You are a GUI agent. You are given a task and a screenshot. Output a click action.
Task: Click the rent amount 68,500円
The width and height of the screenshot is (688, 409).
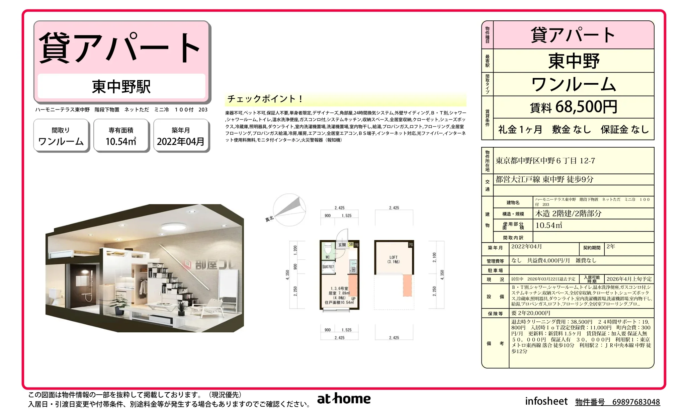(x=586, y=107)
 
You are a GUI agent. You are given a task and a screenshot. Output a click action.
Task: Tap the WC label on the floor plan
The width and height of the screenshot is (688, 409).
(x=328, y=257)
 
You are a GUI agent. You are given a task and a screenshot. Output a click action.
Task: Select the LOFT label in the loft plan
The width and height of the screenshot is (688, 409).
(x=394, y=257)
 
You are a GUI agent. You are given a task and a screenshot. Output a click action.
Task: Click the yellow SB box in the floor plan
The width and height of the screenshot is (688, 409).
(x=351, y=244)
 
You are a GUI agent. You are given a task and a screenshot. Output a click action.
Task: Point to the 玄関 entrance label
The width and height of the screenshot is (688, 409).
(x=342, y=245)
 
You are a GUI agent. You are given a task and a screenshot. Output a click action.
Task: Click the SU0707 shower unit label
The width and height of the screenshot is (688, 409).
(x=328, y=267)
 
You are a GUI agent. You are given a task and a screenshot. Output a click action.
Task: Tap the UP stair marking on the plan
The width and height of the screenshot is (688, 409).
(x=353, y=299)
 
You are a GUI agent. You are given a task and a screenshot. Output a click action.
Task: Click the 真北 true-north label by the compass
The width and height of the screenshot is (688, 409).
(x=269, y=219)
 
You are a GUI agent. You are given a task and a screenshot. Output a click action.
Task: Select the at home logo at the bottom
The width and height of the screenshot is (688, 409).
(x=344, y=399)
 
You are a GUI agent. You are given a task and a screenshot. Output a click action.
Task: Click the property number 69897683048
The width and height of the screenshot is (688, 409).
(x=636, y=402)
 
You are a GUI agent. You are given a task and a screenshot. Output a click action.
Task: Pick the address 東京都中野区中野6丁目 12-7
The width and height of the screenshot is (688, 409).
(x=545, y=161)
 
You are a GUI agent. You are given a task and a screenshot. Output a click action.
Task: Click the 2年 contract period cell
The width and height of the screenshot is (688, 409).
(x=611, y=247)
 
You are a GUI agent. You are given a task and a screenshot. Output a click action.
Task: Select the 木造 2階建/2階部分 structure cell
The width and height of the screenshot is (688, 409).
(x=568, y=214)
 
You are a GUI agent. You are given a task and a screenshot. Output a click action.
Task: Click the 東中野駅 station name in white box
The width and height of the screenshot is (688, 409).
(x=121, y=87)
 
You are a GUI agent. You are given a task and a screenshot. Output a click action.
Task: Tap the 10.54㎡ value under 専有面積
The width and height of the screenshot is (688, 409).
(x=121, y=142)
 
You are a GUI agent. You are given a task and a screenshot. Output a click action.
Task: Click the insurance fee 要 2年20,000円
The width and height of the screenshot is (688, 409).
(x=531, y=313)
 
